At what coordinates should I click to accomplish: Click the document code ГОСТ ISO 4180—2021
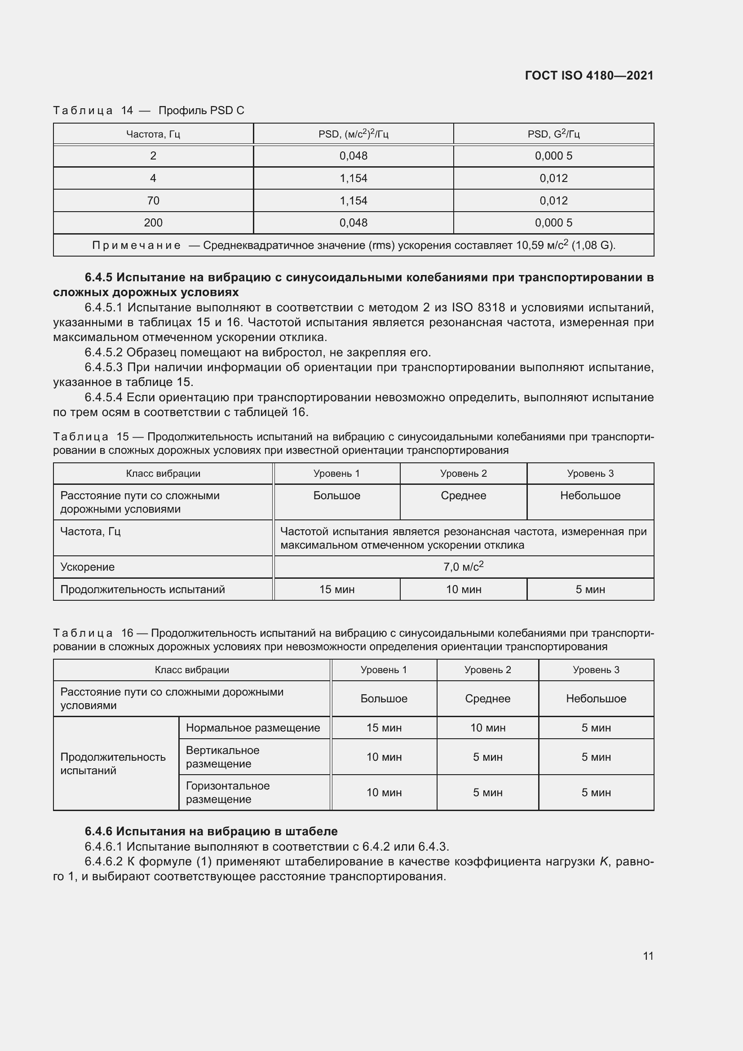589,75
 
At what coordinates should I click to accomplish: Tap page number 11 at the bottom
648,956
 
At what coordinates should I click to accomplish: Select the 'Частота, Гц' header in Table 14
153,134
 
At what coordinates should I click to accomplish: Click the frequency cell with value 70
153,200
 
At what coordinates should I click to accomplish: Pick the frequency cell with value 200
153,223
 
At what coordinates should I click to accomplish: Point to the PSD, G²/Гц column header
553,134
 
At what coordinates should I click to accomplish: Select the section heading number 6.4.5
99,277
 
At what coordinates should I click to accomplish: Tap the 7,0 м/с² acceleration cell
463,567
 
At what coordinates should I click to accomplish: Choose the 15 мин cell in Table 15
337,590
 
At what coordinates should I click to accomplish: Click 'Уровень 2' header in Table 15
463,473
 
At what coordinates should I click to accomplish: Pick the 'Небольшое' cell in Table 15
590,496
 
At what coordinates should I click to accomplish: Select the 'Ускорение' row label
88,567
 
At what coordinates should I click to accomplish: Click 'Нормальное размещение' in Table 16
252,728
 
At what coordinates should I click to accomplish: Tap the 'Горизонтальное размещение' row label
227,792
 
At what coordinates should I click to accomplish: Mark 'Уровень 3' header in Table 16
596,670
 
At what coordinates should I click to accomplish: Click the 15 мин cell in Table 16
383,728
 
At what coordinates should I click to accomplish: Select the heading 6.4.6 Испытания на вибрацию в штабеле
211,831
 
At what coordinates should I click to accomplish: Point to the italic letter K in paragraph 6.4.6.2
603,861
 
